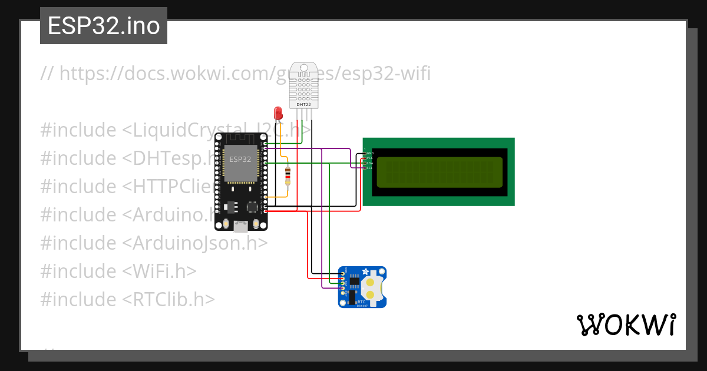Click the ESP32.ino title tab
point(104,26)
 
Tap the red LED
point(278,112)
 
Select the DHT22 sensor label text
point(304,104)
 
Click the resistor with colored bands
point(288,175)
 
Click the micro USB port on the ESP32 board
point(240,226)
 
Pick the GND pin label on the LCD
point(370,153)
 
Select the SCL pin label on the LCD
point(369,168)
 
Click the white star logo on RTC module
point(365,272)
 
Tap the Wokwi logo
point(626,324)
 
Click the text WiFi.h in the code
point(164,271)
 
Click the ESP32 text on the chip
point(240,160)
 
